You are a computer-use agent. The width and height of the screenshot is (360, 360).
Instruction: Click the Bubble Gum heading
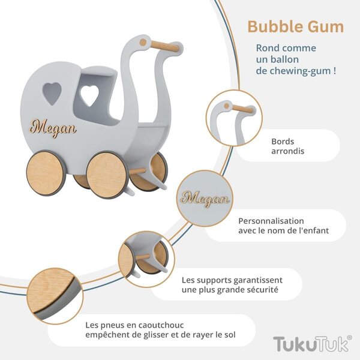[295, 27]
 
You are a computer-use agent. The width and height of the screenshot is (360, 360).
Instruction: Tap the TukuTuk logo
[312, 343]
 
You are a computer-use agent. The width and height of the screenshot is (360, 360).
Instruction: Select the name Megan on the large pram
[53, 128]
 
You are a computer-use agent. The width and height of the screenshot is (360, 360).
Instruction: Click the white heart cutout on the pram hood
[89, 95]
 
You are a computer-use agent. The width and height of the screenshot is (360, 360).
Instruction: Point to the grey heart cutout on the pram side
[52, 93]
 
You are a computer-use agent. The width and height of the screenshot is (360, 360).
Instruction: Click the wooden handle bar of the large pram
[164, 46]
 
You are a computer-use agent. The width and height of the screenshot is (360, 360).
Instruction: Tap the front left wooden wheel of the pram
[46, 173]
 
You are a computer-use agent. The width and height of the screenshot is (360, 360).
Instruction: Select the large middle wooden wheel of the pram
[107, 175]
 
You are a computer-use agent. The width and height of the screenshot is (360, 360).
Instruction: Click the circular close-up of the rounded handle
[234, 118]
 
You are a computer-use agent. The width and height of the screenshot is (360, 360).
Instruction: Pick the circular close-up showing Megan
[205, 199]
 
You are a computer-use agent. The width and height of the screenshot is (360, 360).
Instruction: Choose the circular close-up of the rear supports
[146, 259]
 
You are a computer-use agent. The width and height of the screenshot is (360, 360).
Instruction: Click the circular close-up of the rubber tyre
[55, 296]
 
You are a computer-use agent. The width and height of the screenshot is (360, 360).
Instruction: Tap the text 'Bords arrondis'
[287, 146]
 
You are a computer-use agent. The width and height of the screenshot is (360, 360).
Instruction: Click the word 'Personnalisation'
[271, 221]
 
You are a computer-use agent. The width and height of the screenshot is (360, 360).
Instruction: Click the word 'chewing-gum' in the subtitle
[299, 71]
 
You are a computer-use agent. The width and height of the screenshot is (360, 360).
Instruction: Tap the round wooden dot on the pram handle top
[143, 42]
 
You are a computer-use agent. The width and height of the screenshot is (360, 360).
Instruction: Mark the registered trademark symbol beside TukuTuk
[350, 337]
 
